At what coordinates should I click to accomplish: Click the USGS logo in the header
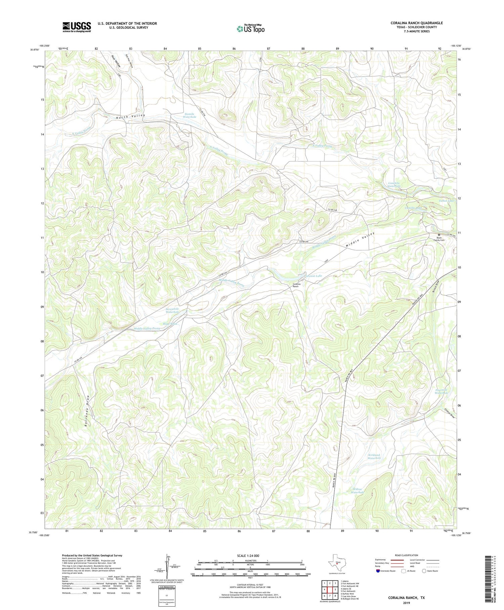tap(77, 27)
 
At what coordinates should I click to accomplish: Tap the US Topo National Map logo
tap(250, 29)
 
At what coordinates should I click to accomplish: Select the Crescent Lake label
tap(313, 276)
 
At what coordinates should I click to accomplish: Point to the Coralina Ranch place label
tap(296, 285)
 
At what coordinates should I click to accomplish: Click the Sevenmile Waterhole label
tap(172, 311)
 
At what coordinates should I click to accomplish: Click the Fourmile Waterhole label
tap(441, 391)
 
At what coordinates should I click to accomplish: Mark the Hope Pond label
tap(170, 324)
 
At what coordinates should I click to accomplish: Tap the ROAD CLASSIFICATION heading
tap(407, 555)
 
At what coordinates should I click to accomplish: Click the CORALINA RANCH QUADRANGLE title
tap(416, 23)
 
